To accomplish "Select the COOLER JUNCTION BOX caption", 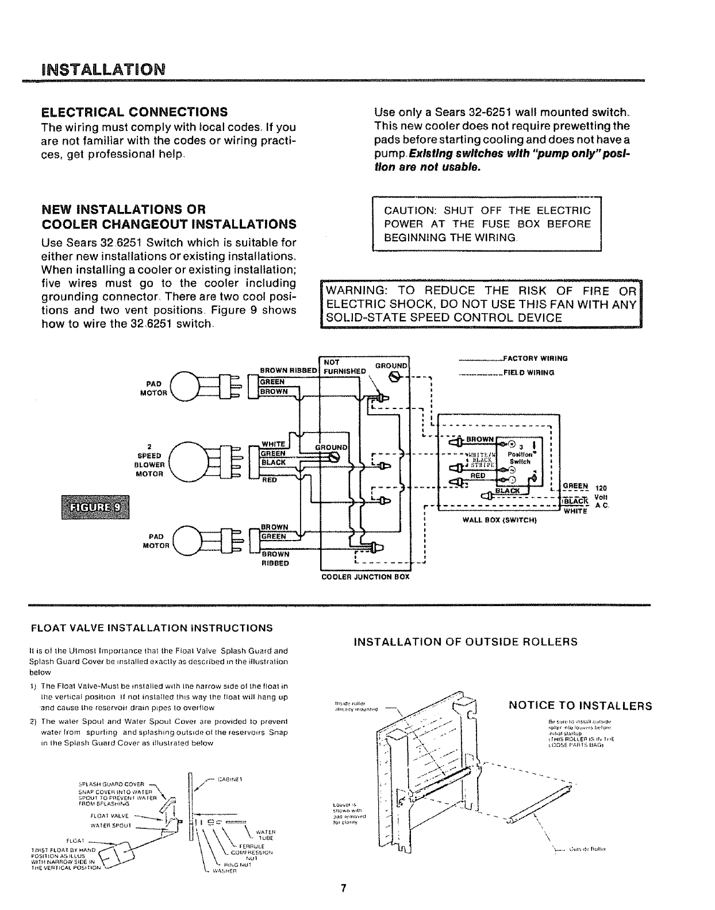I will pyautogui.click(x=365, y=577).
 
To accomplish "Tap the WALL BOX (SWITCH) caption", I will pyautogui.click(x=499, y=520).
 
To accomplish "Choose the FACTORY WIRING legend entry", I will pyautogui.click(x=535, y=358).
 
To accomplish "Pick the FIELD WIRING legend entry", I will pyautogui.click(x=529, y=372).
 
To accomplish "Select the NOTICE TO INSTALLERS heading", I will pyautogui.click(x=581, y=705).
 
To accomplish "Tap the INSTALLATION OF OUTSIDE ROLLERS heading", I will pyautogui.click(x=466, y=642).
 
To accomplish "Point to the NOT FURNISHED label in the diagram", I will pyautogui.click(x=344, y=367).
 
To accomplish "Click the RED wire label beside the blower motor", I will pyautogui.click(x=269, y=480).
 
